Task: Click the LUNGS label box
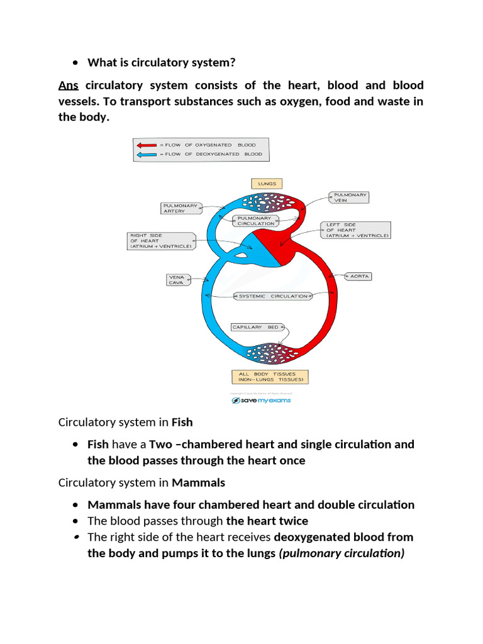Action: (267, 184)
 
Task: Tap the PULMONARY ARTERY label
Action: (180, 208)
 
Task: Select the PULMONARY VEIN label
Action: (348, 197)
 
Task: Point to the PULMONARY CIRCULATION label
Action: (256, 221)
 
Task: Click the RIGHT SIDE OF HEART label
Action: (161, 241)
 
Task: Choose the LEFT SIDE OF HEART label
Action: (356, 230)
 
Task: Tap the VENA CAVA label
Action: (176, 279)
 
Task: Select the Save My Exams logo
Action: (261, 401)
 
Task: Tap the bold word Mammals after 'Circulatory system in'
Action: (198, 483)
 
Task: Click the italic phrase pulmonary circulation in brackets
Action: (341, 553)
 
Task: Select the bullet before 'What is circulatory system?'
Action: (75, 62)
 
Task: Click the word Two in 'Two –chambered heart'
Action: (160, 444)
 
